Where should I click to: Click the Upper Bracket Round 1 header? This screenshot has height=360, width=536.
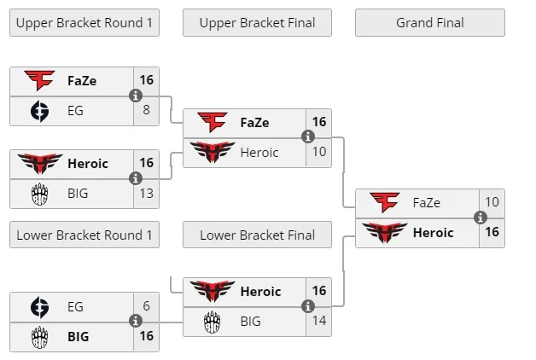pyautogui.click(x=84, y=23)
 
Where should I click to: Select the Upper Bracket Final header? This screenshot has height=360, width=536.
pyautogui.click(x=257, y=23)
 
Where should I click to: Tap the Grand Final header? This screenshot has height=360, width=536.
pyautogui.click(x=429, y=23)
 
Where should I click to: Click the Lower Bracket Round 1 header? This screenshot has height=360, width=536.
pyautogui.click(x=84, y=235)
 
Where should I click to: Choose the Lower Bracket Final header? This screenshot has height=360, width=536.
pyautogui.click(x=257, y=235)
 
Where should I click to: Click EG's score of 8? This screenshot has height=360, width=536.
pyautogui.click(x=147, y=110)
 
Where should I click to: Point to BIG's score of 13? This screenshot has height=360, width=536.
pyautogui.click(x=147, y=194)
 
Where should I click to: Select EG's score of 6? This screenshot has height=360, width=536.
pyautogui.click(x=147, y=306)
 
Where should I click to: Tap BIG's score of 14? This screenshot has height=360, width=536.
pyautogui.click(x=319, y=322)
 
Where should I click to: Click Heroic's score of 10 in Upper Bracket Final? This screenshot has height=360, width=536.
pyautogui.click(x=319, y=152)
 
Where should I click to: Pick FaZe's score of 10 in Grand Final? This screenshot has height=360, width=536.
pyautogui.click(x=492, y=202)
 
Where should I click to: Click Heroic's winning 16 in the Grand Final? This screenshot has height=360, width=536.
pyautogui.click(x=492, y=232)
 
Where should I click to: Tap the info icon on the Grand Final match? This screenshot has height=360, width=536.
pyautogui.click(x=481, y=218)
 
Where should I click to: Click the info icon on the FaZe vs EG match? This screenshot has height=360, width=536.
pyautogui.click(x=136, y=96)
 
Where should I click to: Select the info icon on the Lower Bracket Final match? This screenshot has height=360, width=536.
pyautogui.click(x=308, y=306)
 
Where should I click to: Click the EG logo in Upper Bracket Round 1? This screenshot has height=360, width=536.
pyautogui.click(x=39, y=110)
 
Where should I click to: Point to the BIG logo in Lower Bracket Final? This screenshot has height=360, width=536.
pyautogui.click(x=212, y=322)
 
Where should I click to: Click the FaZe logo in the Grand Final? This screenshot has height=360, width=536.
pyautogui.click(x=385, y=202)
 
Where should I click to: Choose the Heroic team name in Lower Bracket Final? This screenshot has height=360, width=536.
pyautogui.click(x=260, y=292)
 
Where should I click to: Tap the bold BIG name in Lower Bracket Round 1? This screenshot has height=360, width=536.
pyautogui.click(x=78, y=336)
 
